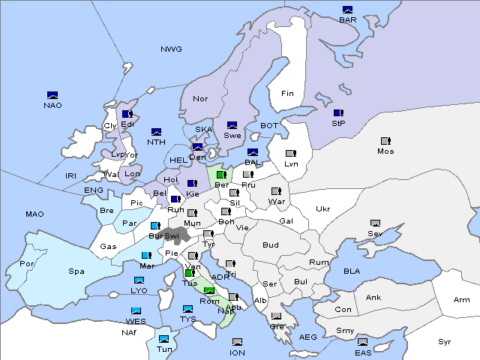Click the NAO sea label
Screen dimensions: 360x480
tap(52, 105)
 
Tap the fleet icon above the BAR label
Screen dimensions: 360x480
tap(347, 10)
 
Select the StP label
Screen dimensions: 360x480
tap(338, 123)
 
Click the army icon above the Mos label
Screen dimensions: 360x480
tap(385, 141)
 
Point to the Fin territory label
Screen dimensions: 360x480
tap(287, 94)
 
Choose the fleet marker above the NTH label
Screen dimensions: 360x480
tap(157, 132)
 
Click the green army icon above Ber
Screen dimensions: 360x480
tap(221, 175)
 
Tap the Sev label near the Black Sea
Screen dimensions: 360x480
tap(375, 234)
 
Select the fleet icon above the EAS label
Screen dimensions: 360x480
tap(362, 343)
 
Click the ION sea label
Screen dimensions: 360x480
tap(237, 352)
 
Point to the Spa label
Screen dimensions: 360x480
tap(76, 271)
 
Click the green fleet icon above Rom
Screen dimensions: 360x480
tap(209, 292)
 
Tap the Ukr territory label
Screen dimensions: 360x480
tap(322, 209)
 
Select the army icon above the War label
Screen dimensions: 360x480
tap(276, 191)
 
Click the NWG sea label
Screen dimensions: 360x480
tap(171, 49)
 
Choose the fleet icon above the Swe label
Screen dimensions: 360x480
tap(232, 125)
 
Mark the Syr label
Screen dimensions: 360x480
tap(445, 341)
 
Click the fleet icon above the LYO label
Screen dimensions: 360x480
tap(139, 280)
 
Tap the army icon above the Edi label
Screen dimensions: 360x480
tap(127, 114)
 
